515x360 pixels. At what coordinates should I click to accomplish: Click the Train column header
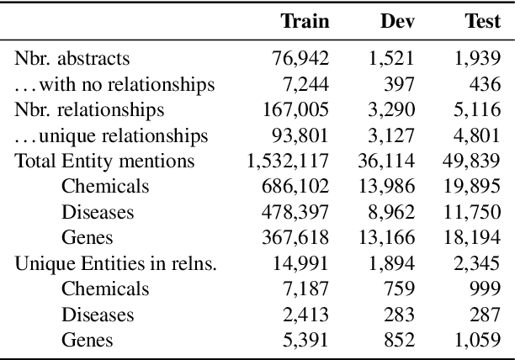[x=305, y=21]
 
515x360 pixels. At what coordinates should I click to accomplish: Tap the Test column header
[x=482, y=21]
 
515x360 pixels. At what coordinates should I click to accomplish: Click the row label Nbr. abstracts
[x=72, y=60]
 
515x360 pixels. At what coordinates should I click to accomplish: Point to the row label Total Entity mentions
[x=105, y=161]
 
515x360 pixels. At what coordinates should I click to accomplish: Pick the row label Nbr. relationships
[x=89, y=110]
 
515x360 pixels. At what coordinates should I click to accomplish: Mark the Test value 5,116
[x=479, y=110]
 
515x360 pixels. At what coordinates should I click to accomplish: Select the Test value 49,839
[x=474, y=161]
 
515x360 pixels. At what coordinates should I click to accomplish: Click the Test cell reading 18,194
[x=474, y=238]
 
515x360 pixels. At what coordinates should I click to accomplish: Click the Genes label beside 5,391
[x=87, y=341]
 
